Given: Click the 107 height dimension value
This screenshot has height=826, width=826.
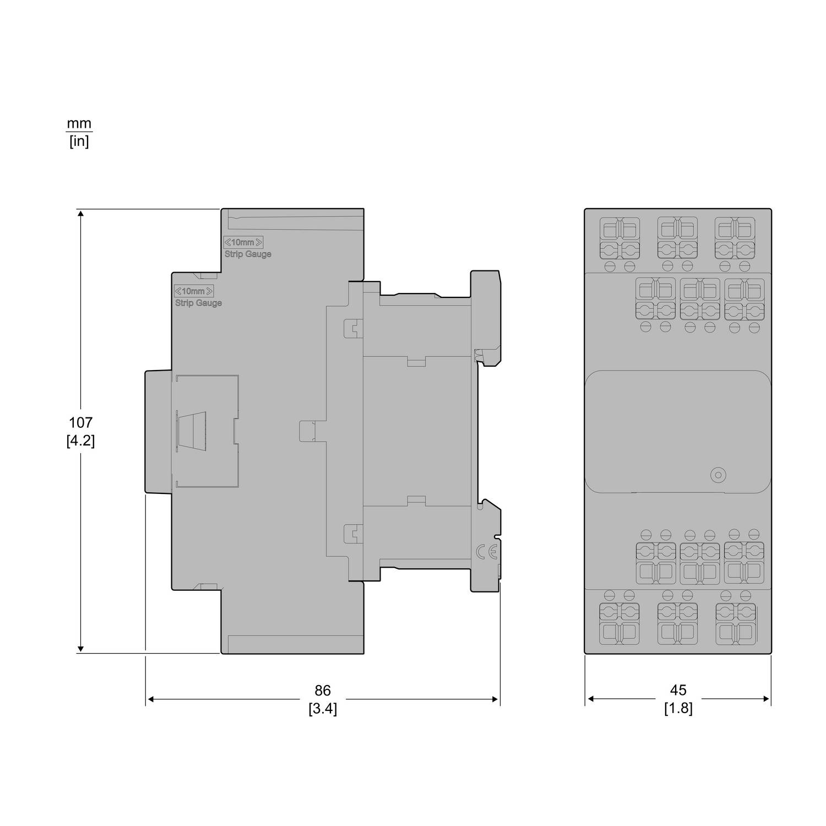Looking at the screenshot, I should (80, 423).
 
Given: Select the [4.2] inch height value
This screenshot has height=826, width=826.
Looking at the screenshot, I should (80, 441).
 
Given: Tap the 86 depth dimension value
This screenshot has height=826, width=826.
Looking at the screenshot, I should (323, 691).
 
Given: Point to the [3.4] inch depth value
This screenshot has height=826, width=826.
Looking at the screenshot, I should (323, 709).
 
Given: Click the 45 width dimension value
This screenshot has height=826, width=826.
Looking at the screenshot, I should (678, 690).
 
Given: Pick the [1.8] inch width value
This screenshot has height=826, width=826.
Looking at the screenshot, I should (678, 708).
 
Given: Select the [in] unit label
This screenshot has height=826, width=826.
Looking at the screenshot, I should (79, 142).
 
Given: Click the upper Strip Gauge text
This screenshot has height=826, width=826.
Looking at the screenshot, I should (248, 254).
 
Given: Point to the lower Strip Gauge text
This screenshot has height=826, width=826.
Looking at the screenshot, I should (199, 303).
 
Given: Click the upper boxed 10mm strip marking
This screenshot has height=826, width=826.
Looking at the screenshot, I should (243, 242).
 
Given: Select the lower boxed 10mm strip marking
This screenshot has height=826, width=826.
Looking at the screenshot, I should (194, 291).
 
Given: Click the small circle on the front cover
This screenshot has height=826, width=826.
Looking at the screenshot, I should (718, 475).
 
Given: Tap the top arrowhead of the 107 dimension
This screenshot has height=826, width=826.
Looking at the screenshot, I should (81, 214).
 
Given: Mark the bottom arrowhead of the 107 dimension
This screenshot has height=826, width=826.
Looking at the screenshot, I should (81, 648).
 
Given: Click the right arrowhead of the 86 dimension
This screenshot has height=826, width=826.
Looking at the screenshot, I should (494, 699).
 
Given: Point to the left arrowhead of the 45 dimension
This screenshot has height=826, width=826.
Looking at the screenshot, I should (590, 699).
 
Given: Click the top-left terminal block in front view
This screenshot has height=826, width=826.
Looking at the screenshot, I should (619, 238).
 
